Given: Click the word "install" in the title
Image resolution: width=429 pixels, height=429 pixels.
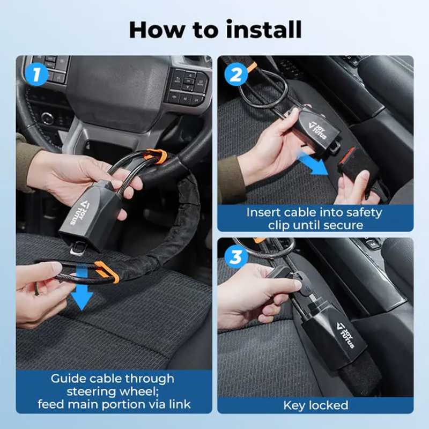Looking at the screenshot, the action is (264, 29).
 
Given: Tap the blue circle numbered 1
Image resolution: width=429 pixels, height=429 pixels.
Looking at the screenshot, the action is (36, 74).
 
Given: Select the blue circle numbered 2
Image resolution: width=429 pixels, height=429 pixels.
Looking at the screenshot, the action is (236, 74).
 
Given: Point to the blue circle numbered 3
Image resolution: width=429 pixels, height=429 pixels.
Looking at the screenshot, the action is (236, 257).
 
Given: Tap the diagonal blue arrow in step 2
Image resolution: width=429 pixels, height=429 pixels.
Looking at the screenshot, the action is (314, 164).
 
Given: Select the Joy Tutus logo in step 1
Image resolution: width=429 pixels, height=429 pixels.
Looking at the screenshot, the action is (79, 212).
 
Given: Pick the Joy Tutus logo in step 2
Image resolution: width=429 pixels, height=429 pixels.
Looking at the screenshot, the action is (318, 130).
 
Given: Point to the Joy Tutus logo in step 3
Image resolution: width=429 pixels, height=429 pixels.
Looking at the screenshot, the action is (346, 335).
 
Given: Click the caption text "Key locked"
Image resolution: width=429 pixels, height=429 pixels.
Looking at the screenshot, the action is (316, 405).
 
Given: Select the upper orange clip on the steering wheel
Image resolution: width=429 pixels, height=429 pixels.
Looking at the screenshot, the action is (157, 156).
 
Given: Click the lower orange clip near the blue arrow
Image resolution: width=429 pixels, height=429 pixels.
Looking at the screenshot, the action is (107, 272).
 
